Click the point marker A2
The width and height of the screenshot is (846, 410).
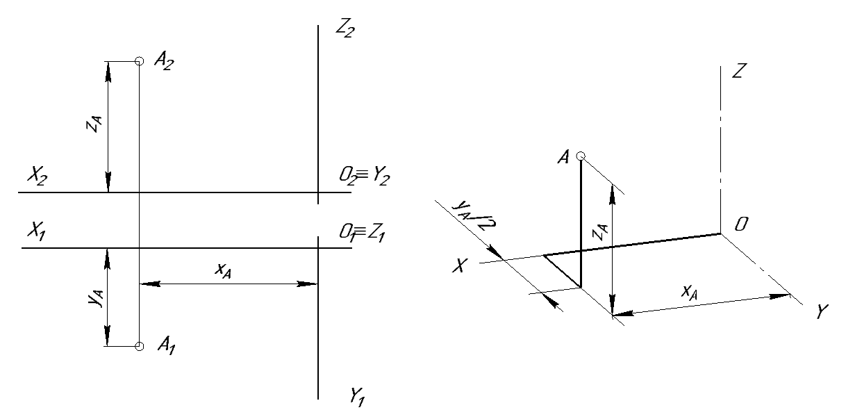(x=139, y=61)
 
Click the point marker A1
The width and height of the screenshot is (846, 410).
(x=139, y=346)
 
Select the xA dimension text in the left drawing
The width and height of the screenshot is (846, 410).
(x=223, y=271)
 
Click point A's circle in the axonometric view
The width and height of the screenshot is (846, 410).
(x=581, y=156)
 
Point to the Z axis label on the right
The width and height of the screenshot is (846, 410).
(x=738, y=71)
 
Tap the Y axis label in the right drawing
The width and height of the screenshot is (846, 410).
(x=822, y=313)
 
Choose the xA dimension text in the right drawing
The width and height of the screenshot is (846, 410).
(x=688, y=293)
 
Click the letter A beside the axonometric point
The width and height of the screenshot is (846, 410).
(x=563, y=158)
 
